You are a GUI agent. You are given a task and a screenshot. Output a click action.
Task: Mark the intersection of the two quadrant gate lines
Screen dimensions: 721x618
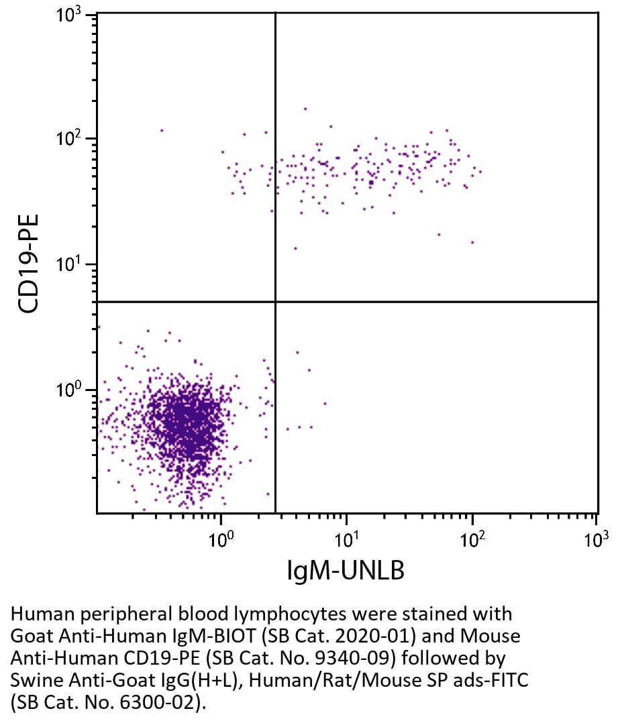click(x=276, y=302)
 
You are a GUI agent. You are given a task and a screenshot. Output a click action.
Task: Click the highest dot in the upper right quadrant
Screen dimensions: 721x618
click(x=305, y=109)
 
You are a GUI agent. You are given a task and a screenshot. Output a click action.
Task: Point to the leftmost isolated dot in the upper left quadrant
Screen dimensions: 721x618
click(x=162, y=130)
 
